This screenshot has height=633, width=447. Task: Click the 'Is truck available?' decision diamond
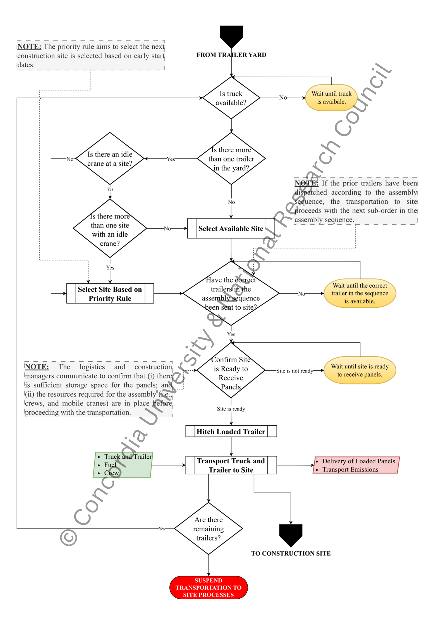[x=231, y=98]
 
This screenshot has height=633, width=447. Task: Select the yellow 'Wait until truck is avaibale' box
[x=331, y=98]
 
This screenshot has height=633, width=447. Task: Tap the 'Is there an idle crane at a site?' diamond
[x=110, y=159]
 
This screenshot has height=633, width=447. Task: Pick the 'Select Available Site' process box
[x=231, y=229]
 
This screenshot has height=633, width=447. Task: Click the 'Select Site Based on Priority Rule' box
[x=110, y=294]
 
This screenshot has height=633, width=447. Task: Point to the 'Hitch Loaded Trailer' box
[x=231, y=431]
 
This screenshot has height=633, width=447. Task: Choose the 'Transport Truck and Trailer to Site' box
[x=231, y=465]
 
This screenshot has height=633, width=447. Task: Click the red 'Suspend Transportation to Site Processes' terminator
[x=208, y=588]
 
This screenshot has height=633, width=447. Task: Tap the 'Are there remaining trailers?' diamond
[x=208, y=529]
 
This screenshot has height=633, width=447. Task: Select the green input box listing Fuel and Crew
[x=123, y=465]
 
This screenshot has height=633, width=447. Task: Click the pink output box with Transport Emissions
[x=356, y=465]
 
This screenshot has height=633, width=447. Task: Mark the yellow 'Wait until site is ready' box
[x=360, y=370]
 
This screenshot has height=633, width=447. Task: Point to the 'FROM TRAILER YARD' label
[x=231, y=55]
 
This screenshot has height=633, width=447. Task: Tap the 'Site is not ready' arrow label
[x=294, y=371]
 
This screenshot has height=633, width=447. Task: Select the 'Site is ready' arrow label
[x=231, y=409]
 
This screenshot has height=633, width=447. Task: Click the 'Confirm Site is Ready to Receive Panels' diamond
[x=231, y=370]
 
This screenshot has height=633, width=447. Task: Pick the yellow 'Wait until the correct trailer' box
[x=360, y=293]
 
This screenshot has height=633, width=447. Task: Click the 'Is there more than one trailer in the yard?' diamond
[x=231, y=159]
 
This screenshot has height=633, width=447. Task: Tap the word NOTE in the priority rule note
[x=29, y=47]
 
